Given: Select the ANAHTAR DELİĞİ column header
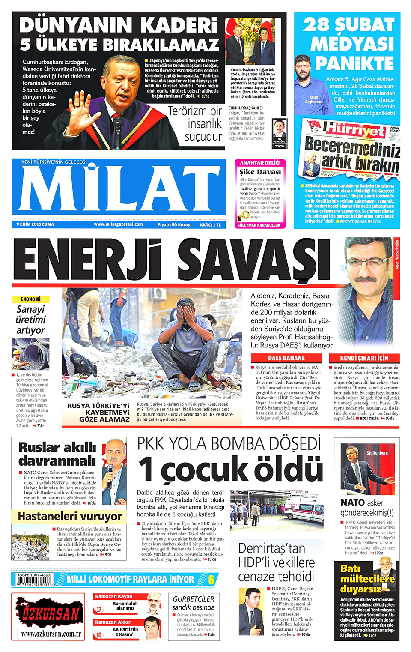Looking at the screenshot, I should (260, 163).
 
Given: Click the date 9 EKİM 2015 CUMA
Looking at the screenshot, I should (35, 224).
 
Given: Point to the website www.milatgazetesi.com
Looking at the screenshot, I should (119, 224).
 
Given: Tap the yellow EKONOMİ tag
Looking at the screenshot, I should (30, 299).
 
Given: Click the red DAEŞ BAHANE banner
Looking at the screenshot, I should (286, 358).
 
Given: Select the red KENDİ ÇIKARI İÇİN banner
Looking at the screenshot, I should (364, 358).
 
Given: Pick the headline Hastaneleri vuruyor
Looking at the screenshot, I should (70, 516).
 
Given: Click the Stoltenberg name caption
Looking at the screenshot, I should (377, 453).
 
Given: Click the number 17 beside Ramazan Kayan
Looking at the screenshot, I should (99, 609).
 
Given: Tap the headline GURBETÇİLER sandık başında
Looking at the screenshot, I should (194, 603).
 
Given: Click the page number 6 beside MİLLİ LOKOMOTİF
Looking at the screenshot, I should (211, 580).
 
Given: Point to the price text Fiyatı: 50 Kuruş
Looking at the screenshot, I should (174, 224).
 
